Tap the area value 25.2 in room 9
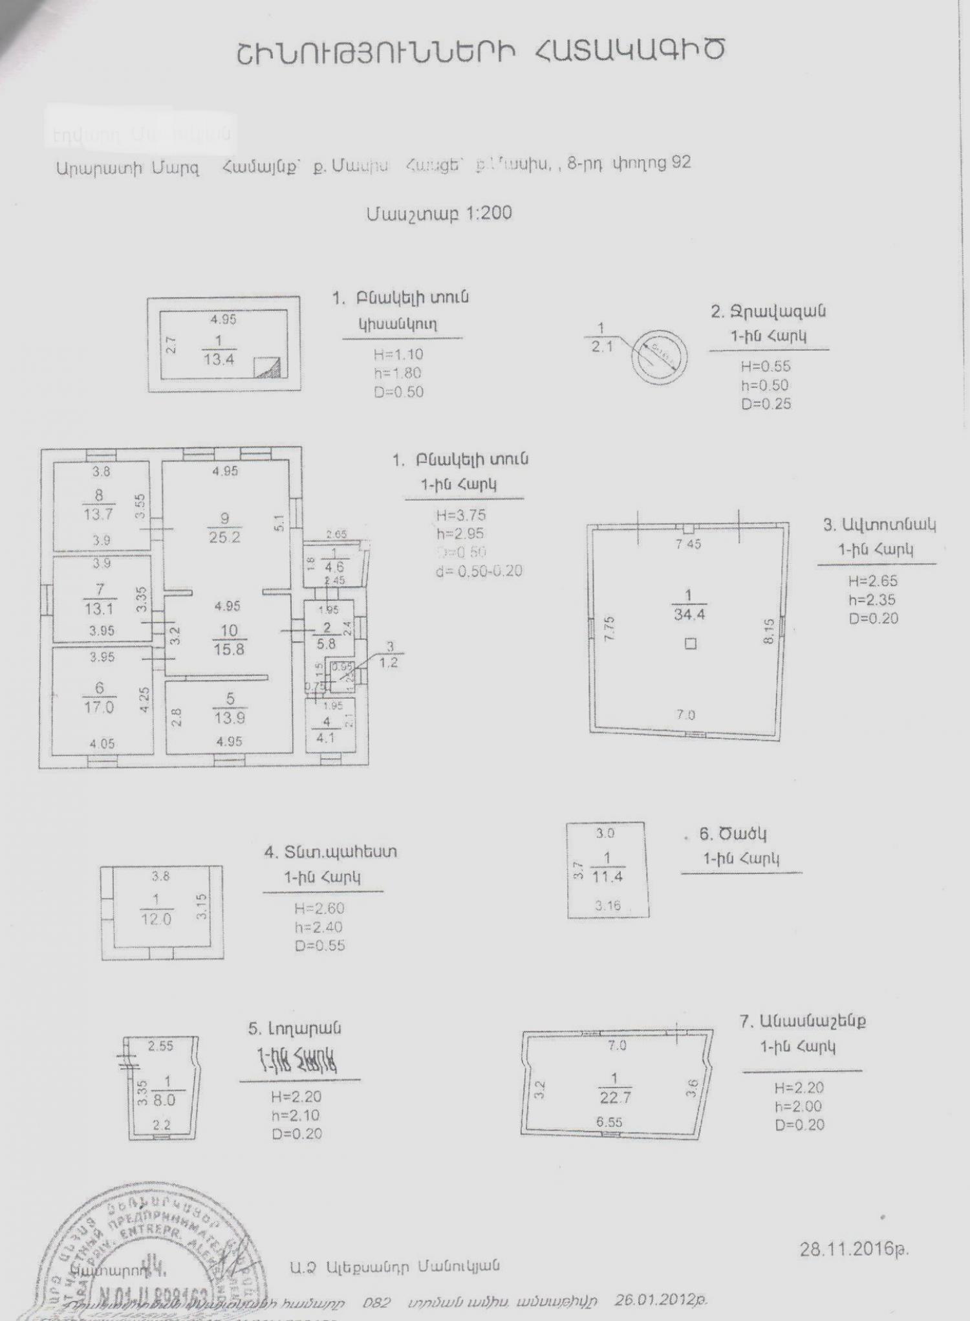coord(224,537)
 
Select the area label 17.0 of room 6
coord(98,707)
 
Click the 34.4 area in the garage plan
coord(689,615)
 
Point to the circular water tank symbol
coord(660,356)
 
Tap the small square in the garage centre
coord(691,644)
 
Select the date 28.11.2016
coord(854,1249)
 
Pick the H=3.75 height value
coord(461,516)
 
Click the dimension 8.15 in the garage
coord(769,631)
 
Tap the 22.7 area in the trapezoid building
coord(615,1098)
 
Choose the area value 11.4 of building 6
coord(607,877)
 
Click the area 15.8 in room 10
coord(229,648)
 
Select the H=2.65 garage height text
coord(873,581)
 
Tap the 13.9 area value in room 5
coord(229,717)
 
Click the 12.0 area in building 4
coord(156,919)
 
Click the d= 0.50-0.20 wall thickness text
coord(479,571)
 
